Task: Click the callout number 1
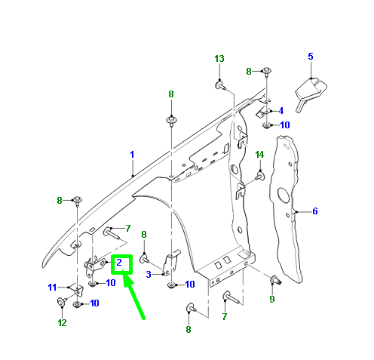[x=131, y=155]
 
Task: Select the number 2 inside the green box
[x=120, y=263]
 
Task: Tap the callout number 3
[x=149, y=274]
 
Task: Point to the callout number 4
[x=280, y=110]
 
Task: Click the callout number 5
[x=310, y=57]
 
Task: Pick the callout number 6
[x=314, y=211]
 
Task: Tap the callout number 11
[x=52, y=287]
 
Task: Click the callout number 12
[x=61, y=322]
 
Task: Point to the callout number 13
[x=219, y=59]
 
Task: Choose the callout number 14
[x=259, y=155]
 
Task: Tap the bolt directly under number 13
[x=219, y=85]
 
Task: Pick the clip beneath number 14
[x=259, y=176]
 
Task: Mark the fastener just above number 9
[x=274, y=282]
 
